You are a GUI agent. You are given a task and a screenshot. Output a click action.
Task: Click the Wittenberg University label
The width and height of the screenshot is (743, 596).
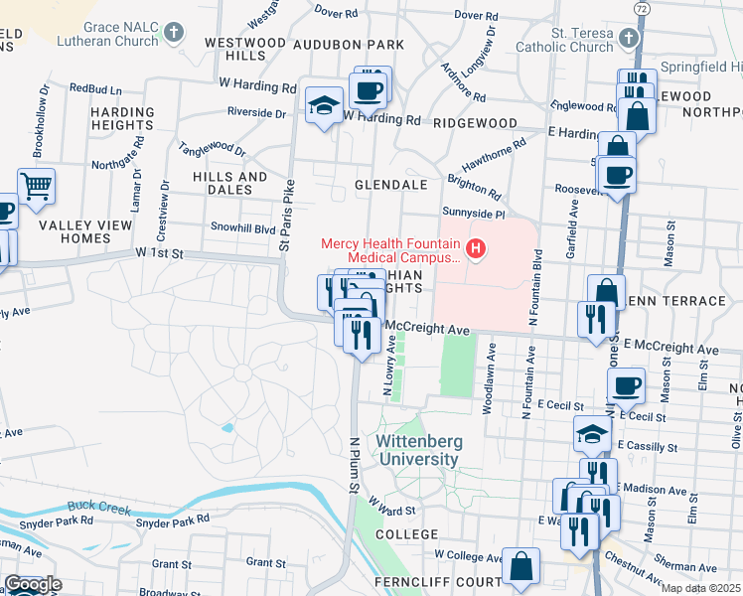pos(417,450)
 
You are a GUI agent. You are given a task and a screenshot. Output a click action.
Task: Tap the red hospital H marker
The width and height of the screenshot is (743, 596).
pos(476,247)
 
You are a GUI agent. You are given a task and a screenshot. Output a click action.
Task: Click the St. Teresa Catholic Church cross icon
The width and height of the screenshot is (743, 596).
pos(627,38)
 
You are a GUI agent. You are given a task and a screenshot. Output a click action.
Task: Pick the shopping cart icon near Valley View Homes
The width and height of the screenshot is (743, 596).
pos(36,185)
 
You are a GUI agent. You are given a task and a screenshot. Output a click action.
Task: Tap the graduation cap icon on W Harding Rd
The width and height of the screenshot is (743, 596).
pos(324,105)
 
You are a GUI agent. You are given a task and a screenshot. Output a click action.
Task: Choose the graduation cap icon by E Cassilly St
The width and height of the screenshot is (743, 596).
pos(593,433)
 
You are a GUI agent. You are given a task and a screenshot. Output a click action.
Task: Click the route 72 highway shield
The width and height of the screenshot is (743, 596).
pos(642,8)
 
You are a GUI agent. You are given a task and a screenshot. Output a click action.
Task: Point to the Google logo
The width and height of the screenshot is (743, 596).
pos(32,584)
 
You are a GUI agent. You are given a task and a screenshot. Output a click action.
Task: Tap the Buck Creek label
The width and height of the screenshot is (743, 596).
pos(99,506)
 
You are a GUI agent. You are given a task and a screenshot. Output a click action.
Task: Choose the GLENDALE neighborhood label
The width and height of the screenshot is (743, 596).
pos(391,185)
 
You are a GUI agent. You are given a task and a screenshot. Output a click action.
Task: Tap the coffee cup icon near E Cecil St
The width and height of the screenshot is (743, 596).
pos(625,385)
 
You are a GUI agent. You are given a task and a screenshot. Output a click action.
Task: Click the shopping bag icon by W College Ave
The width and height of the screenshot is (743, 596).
pos(520,565)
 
